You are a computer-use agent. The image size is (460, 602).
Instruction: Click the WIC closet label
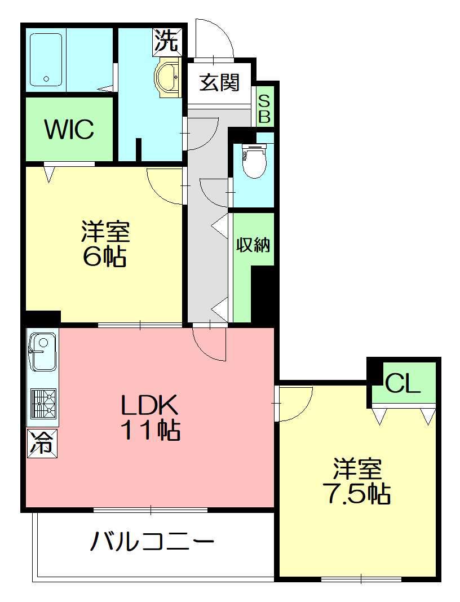coord(69,130)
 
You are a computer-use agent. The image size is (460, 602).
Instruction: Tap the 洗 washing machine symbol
coord(167,40)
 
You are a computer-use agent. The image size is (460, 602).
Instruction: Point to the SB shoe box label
coord(264,109)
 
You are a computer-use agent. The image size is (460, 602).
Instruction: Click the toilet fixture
coord(254,161)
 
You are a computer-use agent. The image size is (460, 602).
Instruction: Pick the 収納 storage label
coord(253,244)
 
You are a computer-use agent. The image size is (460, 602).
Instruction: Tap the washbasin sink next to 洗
coord(167,77)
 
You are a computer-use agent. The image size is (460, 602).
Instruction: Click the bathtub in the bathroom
coord(46,60)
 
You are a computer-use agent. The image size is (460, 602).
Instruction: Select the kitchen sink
coord(42,351)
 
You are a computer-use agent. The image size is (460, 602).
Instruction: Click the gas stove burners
coord(43,404)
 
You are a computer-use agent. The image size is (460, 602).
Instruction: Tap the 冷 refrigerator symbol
coord(42,444)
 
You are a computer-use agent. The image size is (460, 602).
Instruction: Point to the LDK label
coord(149,404)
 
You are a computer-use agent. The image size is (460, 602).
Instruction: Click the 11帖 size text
coord(150,431)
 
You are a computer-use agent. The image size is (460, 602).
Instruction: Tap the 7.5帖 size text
coord(358,493)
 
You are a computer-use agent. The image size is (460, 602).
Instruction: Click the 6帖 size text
coord(104,256)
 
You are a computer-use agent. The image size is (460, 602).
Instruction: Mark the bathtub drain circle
coord(46,79)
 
